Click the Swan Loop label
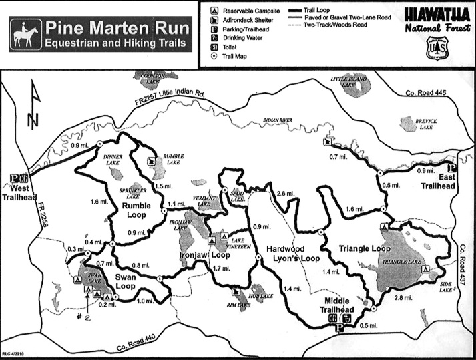pyautogui.click(x=125, y=281)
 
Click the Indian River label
pyautogui.click(x=278, y=120)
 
